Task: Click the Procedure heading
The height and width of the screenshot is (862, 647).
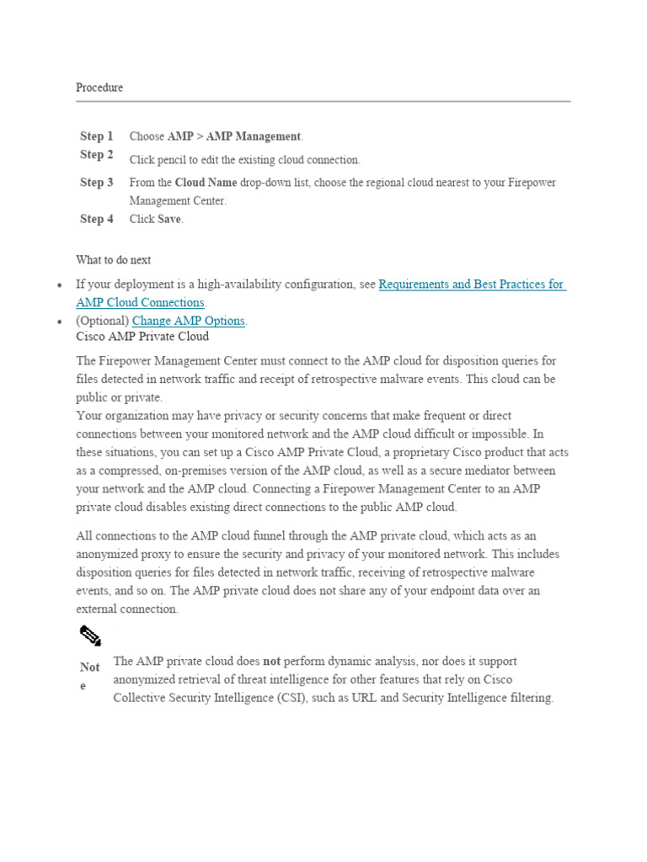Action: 99,88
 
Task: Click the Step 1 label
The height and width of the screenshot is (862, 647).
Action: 97,136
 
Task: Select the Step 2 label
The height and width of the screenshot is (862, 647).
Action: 97,155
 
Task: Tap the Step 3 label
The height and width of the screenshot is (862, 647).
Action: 97,183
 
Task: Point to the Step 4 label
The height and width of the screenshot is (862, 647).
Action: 97,219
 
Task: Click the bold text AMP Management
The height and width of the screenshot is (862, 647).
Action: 253,136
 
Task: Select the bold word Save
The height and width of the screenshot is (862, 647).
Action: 169,219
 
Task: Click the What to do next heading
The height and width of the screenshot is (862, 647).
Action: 114,260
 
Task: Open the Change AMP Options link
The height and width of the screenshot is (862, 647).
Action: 189,321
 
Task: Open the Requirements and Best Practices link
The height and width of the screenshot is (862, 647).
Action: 472,285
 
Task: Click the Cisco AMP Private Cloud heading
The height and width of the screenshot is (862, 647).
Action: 142,337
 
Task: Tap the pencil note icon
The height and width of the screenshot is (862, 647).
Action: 90,636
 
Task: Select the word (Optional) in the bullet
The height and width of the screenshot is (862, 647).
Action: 102,321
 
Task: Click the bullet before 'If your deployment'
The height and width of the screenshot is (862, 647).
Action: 60,285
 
